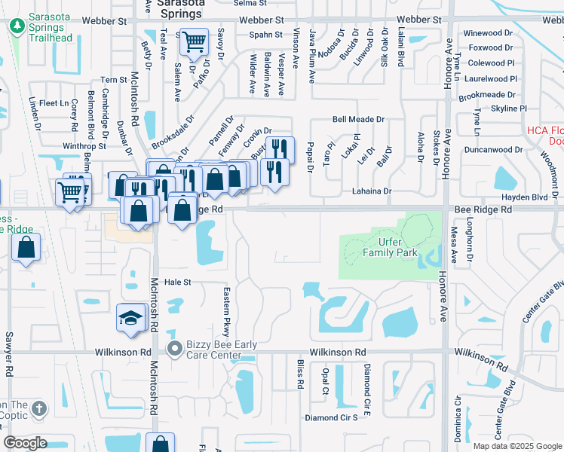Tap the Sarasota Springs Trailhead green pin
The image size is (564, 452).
[17, 26]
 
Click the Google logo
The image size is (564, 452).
[25, 443]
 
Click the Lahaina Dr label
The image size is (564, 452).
[372, 191]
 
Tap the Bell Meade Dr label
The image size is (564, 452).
[358, 119]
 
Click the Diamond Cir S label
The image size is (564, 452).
[330, 417]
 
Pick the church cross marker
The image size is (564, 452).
[39, 410]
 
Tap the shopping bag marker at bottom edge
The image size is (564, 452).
[160, 444]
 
